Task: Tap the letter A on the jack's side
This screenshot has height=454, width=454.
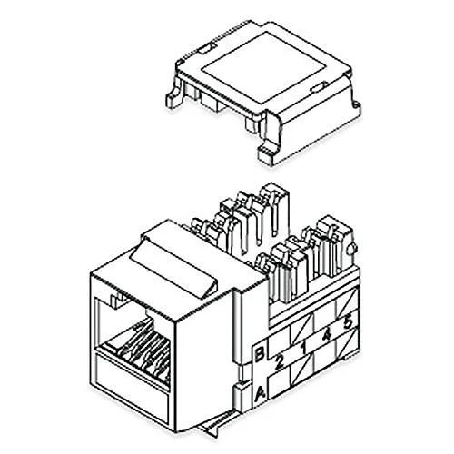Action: pos(261,394)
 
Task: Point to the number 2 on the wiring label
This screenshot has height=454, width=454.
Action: pos(280,362)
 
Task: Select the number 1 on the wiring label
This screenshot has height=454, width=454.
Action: pos(303,348)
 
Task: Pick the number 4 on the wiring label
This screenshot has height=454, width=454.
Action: pos(327,335)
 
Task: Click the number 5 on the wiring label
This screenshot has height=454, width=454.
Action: pos(348,322)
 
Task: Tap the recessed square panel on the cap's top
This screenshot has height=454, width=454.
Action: pos(259,67)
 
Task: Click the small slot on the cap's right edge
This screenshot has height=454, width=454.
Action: pos(317,87)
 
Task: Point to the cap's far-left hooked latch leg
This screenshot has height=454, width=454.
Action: pos(174,93)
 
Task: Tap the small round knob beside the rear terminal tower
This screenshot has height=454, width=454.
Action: pos(352,249)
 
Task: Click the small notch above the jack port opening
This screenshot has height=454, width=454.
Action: pos(120,302)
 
